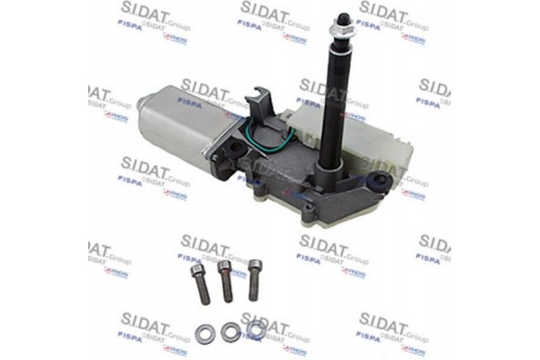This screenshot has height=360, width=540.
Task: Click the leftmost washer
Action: [x=204, y=336]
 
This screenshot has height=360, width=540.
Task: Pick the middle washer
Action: [x=230, y=332]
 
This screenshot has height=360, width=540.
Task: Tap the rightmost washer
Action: [x=256, y=328]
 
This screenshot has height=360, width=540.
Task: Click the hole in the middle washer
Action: [x=230, y=332]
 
